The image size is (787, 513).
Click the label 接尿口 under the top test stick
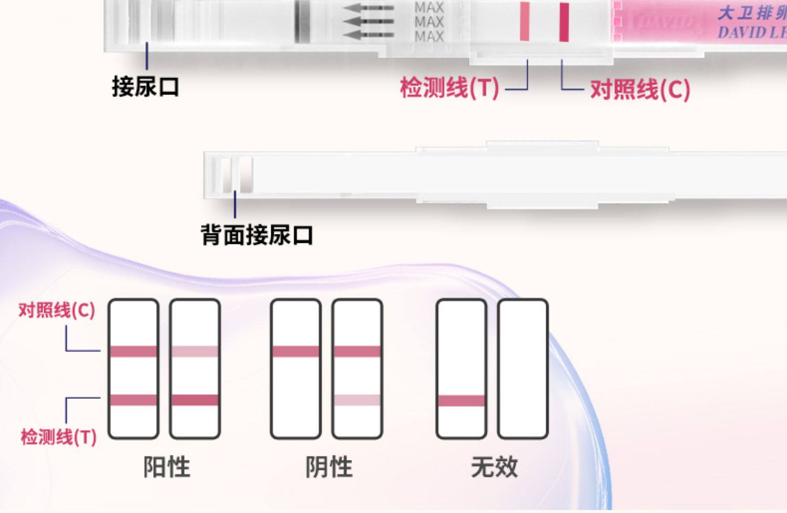pyautogui.click(x=145, y=87)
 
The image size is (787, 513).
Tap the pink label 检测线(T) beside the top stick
pyautogui.click(x=449, y=88)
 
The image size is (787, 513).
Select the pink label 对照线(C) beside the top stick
pyautogui.click(x=640, y=90)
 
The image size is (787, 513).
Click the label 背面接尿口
pyautogui.click(x=257, y=235)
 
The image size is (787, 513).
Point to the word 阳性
pyautogui.click(x=167, y=467)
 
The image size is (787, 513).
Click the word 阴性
pyautogui.click(x=329, y=467)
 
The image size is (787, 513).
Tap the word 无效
pyautogui.click(x=494, y=467)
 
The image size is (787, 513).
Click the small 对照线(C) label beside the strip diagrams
pyautogui.click(x=57, y=310)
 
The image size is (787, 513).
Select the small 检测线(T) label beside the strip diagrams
pyautogui.click(x=58, y=436)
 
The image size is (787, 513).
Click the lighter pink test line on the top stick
pyautogui.click(x=525, y=22)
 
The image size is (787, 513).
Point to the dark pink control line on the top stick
pyautogui.click(x=564, y=22)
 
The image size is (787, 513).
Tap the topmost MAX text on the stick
pyautogui.click(x=429, y=8)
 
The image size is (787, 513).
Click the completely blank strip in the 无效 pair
pyautogui.click(x=523, y=369)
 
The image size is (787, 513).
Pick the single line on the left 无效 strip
pyautogui.click(x=461, y=401)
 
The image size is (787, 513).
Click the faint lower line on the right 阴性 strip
pyautogui.click(x=357, y=400)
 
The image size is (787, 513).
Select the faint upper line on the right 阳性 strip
pyautogui.click(x=195, y=351)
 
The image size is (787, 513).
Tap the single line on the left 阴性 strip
pyautogui.click(x=295, y=351)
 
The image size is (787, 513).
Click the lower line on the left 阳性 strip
pyautogui.click(x=133, y=400)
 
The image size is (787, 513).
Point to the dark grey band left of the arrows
pyautogui.click(x=301, y=22)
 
